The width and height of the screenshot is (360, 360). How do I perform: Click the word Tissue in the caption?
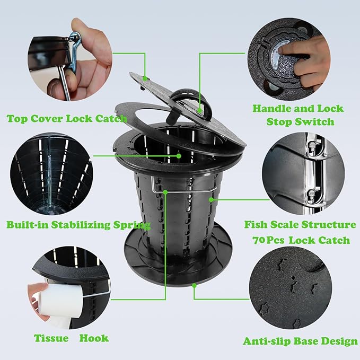(51, 338)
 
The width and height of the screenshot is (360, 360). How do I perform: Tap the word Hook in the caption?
(94, 338)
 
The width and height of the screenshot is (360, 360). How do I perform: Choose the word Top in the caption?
(17, 119)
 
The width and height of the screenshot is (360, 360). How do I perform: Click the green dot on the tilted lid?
(145, 78)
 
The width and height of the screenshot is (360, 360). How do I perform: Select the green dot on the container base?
(195, 286)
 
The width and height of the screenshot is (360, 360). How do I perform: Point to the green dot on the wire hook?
(165, 192)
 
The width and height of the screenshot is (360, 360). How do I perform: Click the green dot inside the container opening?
(179, 156)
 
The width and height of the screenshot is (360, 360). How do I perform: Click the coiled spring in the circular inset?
(50, 179)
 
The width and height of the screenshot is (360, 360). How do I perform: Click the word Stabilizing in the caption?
(81, 225)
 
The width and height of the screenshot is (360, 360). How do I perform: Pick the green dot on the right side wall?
(211, 199)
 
